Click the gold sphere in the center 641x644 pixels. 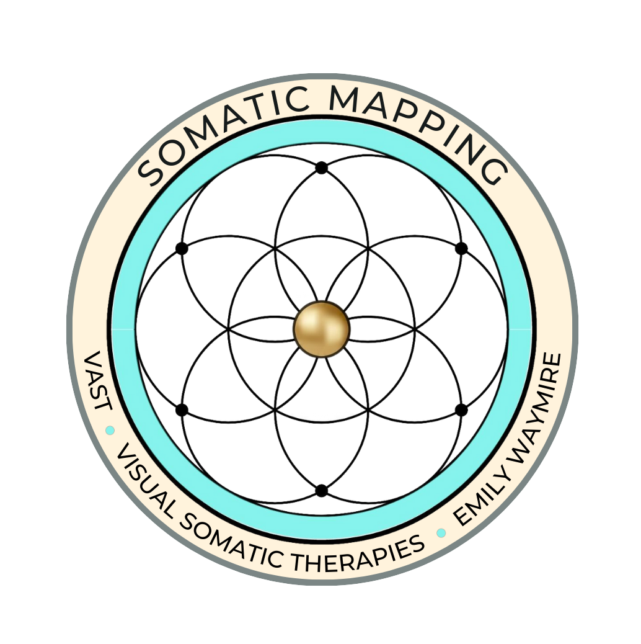(x=321, y=329)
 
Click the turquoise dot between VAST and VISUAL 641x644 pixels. (x=110, y=430)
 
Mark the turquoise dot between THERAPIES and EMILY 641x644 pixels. (x=441, y=533)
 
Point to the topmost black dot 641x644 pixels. (x=321, y=168)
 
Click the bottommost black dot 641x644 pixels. (x=321, y=491)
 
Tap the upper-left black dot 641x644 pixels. (x=182, y=248)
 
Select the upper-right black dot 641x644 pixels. (x=461, y=248)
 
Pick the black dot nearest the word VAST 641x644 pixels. (x=182, y=410)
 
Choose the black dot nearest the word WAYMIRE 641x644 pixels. (x=461, y=410)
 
